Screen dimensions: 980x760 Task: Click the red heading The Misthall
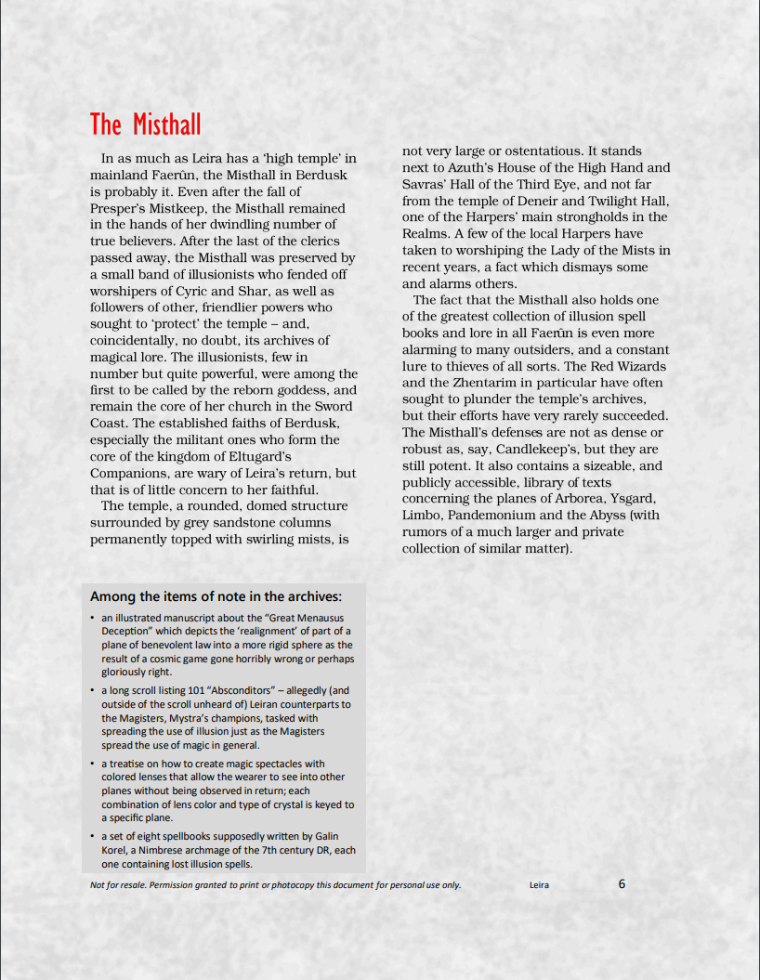point(145,124)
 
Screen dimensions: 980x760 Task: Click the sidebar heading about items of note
point(216,596)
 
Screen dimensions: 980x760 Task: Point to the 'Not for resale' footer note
point(275,884)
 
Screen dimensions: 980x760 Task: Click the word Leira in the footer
point(539,885)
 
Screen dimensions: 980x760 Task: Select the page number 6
point(622,883)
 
